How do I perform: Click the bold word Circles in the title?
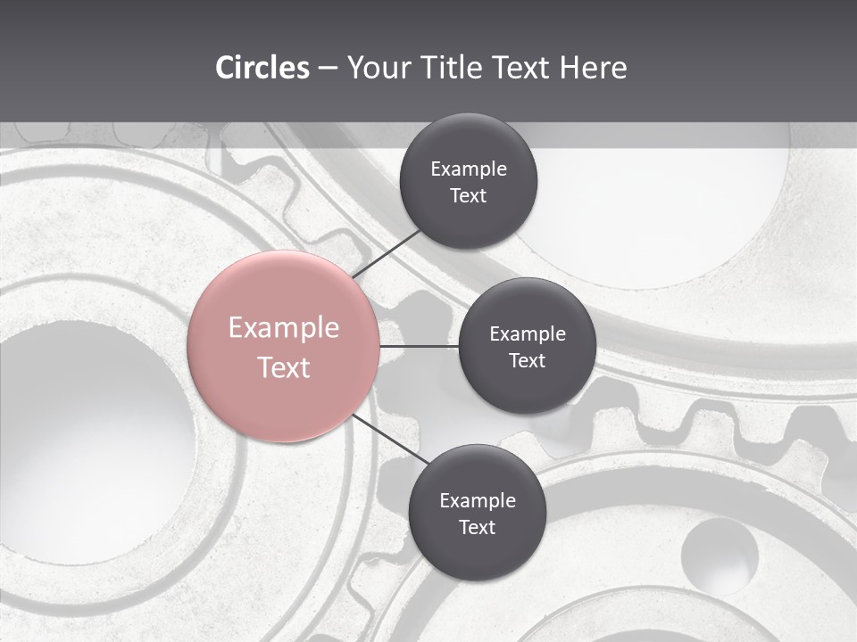[x=262, y=68]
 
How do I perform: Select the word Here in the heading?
[x=593, y=68]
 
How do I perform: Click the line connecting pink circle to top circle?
[x=387, y=252]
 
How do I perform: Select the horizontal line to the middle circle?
[x=419, y=346]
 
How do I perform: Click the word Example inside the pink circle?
[x=284, y=328]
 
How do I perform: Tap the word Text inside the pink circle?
[x=284, y=367]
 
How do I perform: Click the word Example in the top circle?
[x=469, y=169]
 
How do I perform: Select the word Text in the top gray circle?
[x=469, y=196]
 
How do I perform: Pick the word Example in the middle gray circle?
[x=528, y=334]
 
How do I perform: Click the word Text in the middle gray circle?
[x=528, y=361]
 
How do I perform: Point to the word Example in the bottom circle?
[x=478, y=501]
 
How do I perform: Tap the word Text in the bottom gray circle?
[x=478, y=528]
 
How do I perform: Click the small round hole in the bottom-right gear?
[x=720, y=556]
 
